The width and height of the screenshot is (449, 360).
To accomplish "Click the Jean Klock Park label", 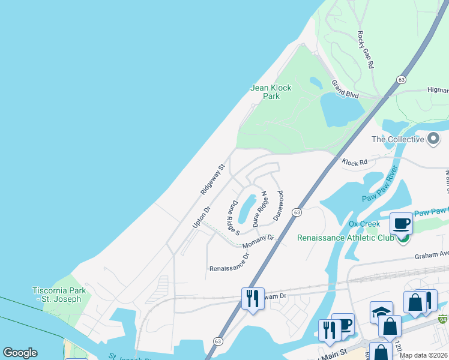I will [271, 92].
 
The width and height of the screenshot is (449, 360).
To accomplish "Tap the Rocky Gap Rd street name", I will [366, 49].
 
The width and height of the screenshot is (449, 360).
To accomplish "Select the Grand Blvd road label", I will [345, 90].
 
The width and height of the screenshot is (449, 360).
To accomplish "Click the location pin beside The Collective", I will [433, 140].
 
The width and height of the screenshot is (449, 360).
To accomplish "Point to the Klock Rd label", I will [354, 163].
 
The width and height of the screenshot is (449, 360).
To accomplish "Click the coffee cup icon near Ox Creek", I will [402, 224].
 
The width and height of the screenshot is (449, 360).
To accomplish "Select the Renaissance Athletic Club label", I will [346, 238].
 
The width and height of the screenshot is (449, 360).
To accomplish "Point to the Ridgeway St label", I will [212, 179].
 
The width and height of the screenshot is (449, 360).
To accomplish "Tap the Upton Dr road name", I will [201, 217].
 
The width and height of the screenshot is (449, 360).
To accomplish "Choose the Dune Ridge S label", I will [234, 218].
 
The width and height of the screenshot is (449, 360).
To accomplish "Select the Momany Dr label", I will [258, 241].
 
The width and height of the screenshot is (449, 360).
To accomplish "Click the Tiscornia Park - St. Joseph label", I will [59, 295].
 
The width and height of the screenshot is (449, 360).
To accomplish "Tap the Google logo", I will [20, 353].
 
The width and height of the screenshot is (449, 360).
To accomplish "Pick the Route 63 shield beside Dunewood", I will [297, 213].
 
